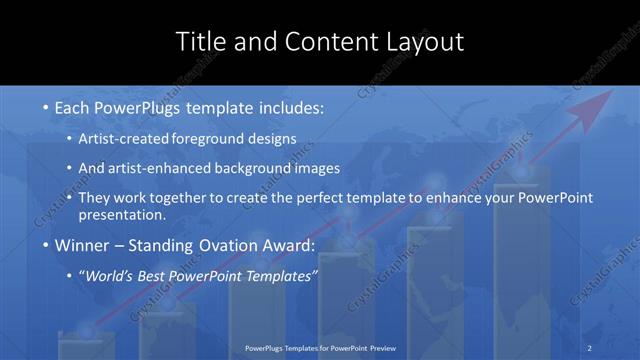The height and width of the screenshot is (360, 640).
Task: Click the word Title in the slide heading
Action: coord(199,42)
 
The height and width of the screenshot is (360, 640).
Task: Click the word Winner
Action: coord(83,246)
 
